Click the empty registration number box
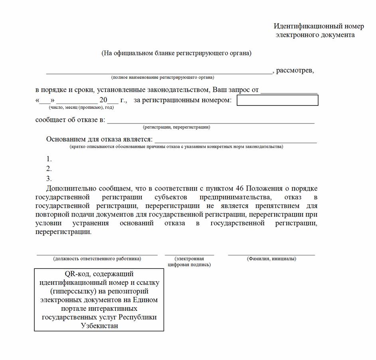tap(277, 100)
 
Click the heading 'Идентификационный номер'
tap(319, 26)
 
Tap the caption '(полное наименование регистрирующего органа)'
tap(162, 78)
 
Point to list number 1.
tap(49, 159)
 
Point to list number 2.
tap(49, 169)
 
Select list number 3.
tap(49, 179)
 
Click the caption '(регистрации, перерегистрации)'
tap(176, 127)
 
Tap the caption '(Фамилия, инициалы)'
tap(271, 259)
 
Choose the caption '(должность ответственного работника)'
tap(97, 259)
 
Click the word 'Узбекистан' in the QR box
tap(99, 326)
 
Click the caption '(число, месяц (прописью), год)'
tap(81, 107)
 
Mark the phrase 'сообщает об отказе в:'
tap(70, 120)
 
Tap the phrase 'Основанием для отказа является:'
tap(99, 139)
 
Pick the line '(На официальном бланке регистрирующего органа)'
tap(176, 53)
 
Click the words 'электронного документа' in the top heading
tap(315, 35)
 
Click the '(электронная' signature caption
tap(190, 259)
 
